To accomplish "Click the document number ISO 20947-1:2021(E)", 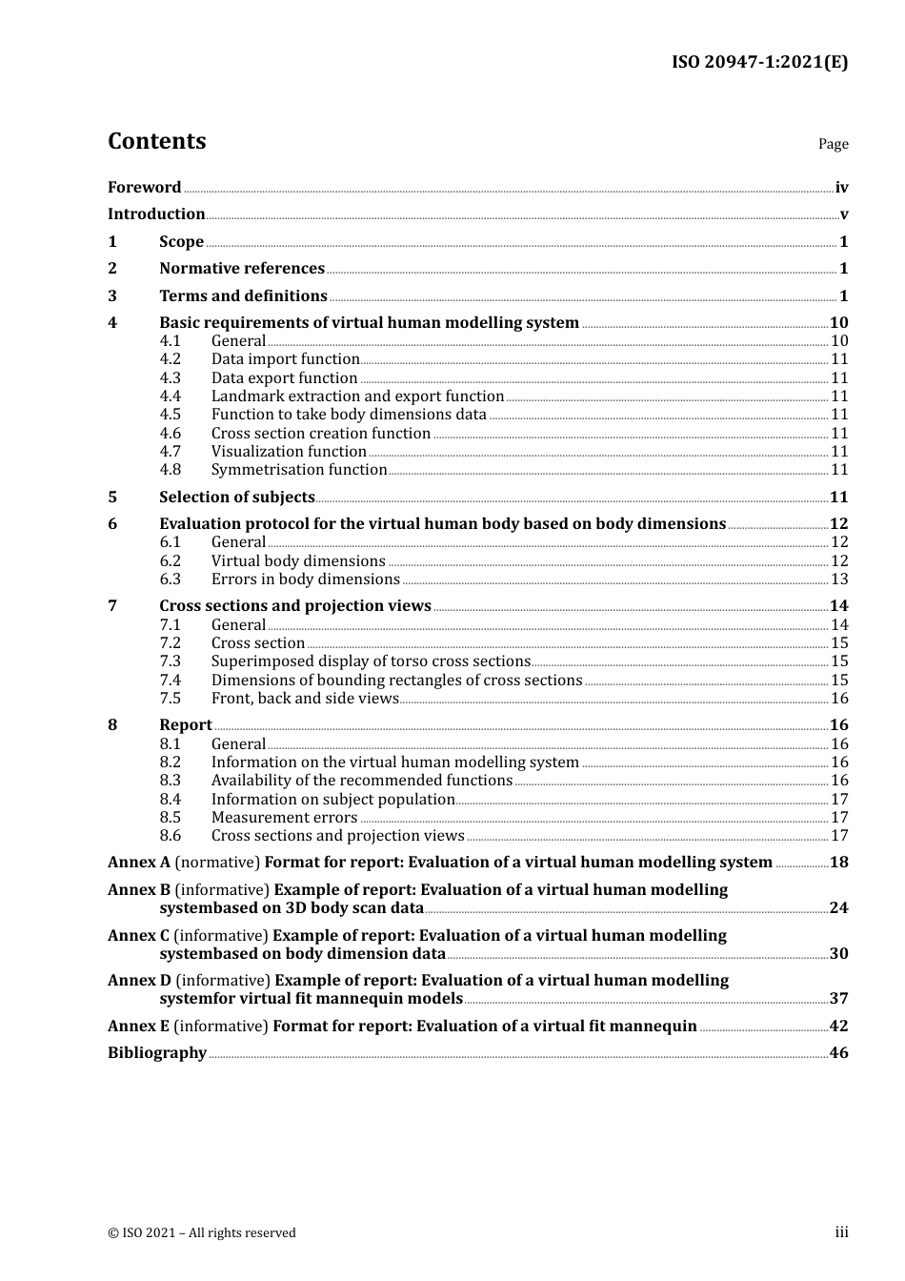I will (759, 63).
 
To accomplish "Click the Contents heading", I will (156, 141).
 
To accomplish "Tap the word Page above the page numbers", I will (833, 144).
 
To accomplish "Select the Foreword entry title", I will (144, 188).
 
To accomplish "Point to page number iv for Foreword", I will (841, 188).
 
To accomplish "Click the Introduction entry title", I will (156, 214).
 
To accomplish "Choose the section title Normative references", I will (242, 269).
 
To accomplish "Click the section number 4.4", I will (170, 396).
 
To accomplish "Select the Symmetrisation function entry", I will (299, 470).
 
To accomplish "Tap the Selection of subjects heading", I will (236, 498).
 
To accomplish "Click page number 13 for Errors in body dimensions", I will (839, 579).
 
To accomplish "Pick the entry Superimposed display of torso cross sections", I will (371, 661).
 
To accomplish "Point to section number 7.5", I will (170, 699).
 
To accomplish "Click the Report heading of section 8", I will (185, 725).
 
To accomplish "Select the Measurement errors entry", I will (284, 818).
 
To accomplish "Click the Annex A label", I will (139, 863).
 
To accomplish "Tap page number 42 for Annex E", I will (838, 1027).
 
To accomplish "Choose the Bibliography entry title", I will (157, 1053).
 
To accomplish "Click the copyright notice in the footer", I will (202, 1233).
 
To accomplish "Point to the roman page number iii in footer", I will (841, 1232).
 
